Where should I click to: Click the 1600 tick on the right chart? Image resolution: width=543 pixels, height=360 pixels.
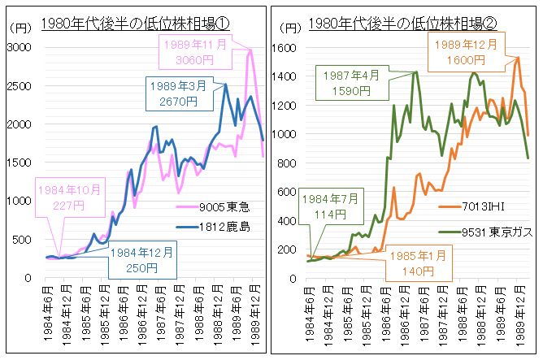point(289,48)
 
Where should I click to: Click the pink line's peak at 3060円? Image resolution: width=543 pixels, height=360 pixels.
point(250,50)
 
